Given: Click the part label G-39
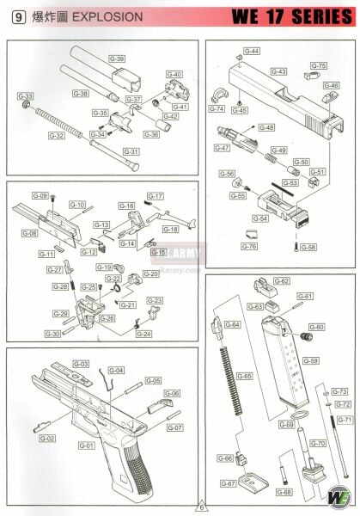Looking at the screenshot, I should pos(117,58).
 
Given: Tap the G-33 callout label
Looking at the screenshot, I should pos(26,96).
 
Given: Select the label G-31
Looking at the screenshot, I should pos(131,151).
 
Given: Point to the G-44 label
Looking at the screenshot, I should pos(252,52).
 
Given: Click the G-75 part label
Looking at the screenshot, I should pos(318,66).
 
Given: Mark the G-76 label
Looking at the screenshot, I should pos(249,247).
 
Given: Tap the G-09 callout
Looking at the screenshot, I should pos(40,196).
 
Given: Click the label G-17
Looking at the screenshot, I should pos(155,196).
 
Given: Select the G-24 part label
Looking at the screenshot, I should pos(143,334).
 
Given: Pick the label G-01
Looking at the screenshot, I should pos(86,445).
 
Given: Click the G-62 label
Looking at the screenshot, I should pos(281,281).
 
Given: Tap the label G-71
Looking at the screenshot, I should pos(343,420).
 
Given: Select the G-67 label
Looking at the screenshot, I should pos(228,484).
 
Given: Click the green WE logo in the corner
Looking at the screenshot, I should pos(338,495).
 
